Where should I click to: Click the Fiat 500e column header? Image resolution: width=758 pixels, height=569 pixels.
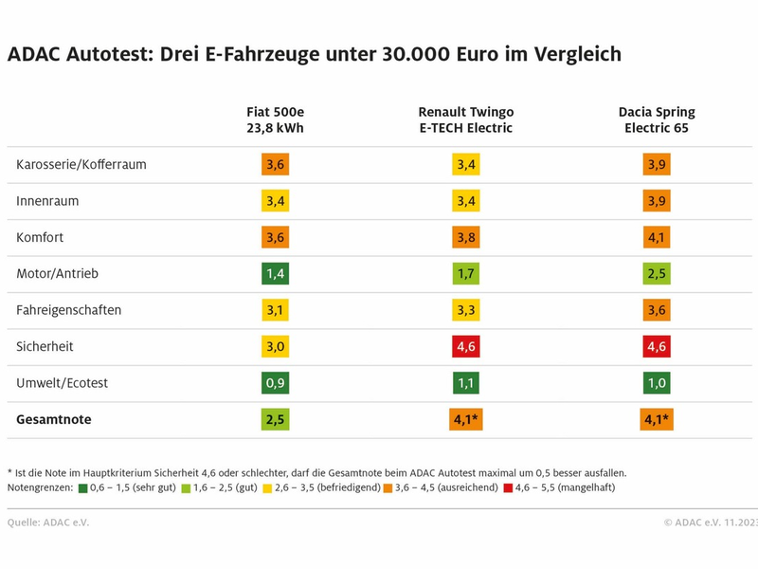tap(275, 119)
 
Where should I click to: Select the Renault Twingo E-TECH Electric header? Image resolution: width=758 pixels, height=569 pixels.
tap(465, 119)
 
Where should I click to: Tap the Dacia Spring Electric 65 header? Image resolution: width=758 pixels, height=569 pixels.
tap(656, 119)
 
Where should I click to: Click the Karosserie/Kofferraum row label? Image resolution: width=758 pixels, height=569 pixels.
tap(81, 165)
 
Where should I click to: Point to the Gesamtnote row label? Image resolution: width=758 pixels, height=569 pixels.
tap(54, 419)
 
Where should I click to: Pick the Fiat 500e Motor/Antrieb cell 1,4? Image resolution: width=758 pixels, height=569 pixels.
tap(275, 274)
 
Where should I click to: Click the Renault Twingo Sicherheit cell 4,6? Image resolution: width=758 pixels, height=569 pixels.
tap(465, 347)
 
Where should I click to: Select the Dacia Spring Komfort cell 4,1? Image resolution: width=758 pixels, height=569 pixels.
tap(656, 237)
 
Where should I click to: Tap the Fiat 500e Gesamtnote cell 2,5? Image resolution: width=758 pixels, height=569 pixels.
tap(275, 419)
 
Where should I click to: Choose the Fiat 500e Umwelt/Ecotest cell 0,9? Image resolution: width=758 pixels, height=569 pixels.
tap(275, 383)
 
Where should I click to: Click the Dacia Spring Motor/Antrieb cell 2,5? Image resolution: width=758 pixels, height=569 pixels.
tap(656, 274)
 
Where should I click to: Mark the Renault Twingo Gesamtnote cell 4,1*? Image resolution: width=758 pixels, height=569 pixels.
tap(465, 419)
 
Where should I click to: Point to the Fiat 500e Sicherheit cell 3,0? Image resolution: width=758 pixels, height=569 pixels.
tap(275, 347)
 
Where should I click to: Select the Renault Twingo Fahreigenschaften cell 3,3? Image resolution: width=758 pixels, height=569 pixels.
tap(465, 310)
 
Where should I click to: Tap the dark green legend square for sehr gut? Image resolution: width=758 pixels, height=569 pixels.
tap(83, 488)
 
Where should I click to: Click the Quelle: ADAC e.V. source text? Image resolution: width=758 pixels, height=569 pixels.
tap(48, 523)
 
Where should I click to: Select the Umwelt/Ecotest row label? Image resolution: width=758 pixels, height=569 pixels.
tap(63, 383)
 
